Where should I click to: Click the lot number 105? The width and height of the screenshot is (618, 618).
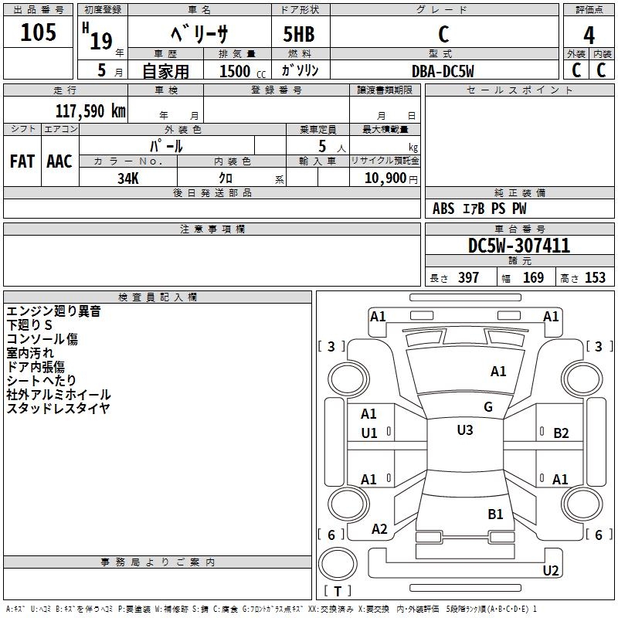click(39, 33)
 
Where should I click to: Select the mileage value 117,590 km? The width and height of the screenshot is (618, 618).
click(90, 110)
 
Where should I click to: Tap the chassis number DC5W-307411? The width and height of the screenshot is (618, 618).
click(519, 246)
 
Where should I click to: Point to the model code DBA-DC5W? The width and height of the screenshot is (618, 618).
click(443, 70)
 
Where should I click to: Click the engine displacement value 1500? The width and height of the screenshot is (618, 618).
click(235, 70)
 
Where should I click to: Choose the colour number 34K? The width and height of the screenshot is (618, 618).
click(128, 177)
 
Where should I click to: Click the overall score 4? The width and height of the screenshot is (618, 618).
click(589, 35)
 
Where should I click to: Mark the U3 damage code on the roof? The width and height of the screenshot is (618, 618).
click(465, 430)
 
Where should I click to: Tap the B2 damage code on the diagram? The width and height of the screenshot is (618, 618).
click(561, 433)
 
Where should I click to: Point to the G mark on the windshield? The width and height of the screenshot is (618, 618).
click(488, 407)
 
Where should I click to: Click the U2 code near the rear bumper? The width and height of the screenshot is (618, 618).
click(551, 571)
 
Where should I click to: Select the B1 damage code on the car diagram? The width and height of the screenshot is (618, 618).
click(495, 514)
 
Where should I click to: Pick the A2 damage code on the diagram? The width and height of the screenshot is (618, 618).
click(379, 529)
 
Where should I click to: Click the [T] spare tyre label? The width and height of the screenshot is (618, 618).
click(338, 592)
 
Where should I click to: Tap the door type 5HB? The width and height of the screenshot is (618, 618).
click(300, 35)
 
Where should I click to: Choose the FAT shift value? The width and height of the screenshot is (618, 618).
click(22, 161)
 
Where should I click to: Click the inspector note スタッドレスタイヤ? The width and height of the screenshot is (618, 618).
click(59, 409)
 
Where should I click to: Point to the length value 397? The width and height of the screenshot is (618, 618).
click(468, 278)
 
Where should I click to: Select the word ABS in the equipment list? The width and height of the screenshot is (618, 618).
click(443, 209)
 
